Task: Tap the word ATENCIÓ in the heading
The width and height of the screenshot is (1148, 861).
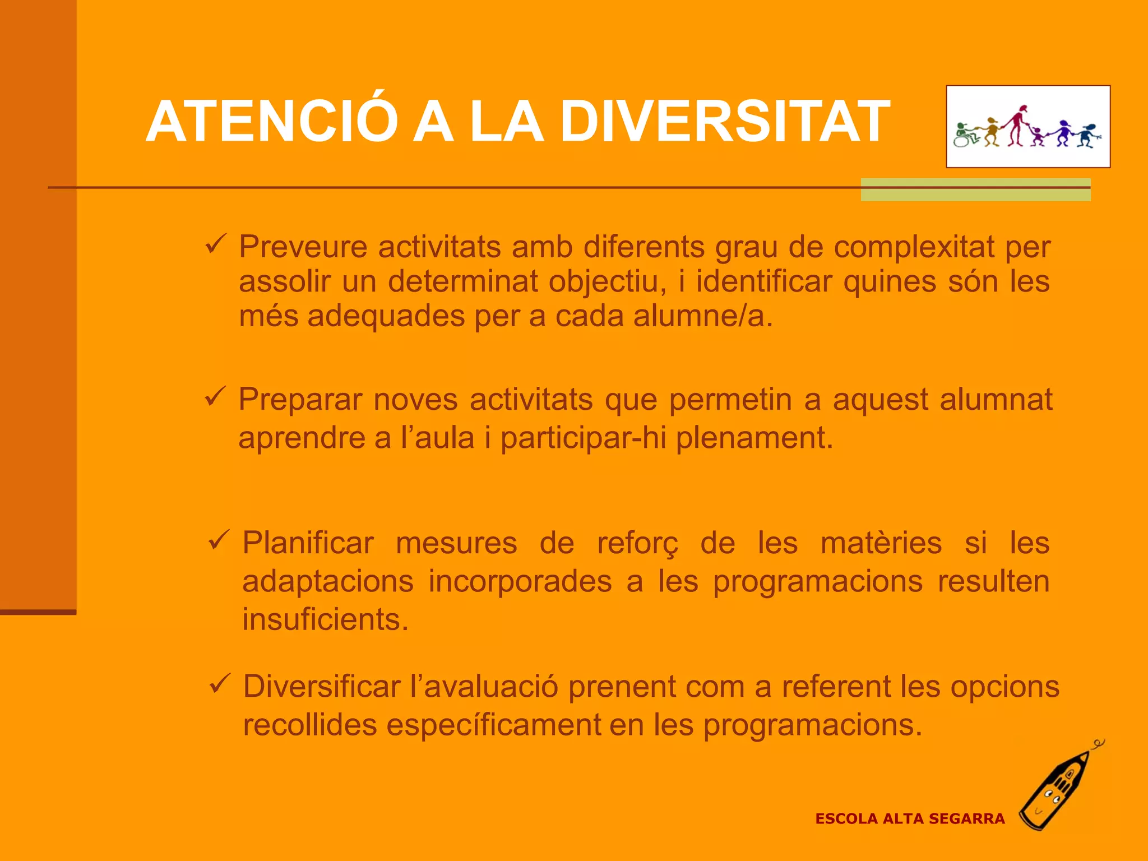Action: (272, 122)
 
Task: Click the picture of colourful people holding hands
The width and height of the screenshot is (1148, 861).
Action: (1028, 127)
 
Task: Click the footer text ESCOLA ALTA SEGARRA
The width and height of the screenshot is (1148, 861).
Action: (910, 819)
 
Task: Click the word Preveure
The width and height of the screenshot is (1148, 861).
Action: (303, 247)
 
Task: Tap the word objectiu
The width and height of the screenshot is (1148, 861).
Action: (607, 281)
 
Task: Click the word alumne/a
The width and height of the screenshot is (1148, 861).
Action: (703, 316)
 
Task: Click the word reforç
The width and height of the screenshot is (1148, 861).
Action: (637, 544)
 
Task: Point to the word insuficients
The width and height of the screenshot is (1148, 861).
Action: (325, 620)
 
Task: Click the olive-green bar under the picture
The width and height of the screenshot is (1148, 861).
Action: (975, 190)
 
